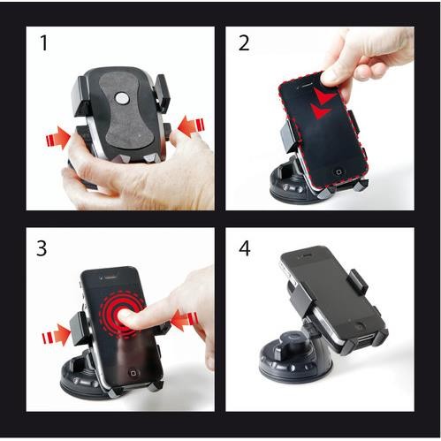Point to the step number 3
click(42, 249)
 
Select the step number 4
click(244, 249)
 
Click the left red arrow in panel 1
click(56, 137)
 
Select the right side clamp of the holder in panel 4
click(357, 283)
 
